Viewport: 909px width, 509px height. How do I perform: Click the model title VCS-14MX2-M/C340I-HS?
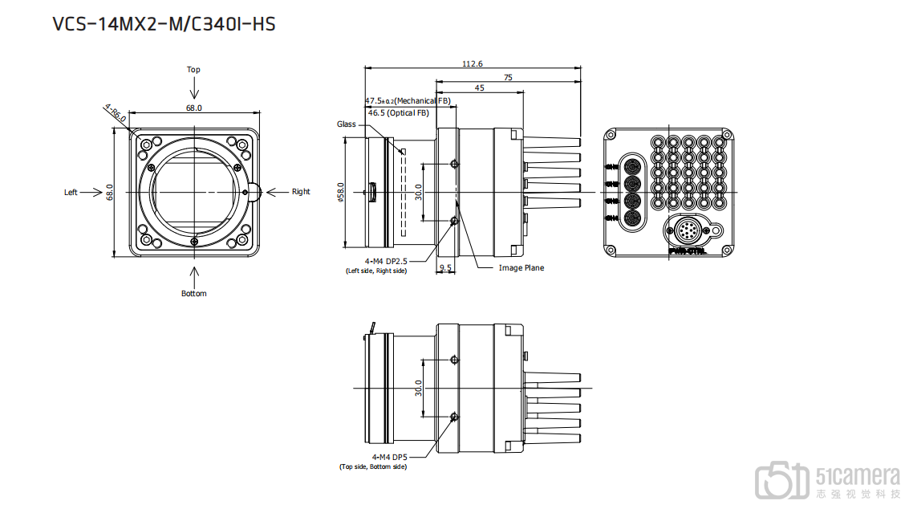[164, 24]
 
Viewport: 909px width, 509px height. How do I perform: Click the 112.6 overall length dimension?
[473, 64]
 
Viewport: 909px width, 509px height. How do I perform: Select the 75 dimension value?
[508, 77]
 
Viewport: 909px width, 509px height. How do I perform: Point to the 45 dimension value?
[479, 88]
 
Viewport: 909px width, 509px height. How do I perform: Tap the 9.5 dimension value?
[445, 268]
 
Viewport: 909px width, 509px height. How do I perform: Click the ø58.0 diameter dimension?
[342, 193]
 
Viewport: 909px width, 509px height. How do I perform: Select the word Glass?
[346, 124]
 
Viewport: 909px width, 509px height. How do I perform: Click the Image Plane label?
[521, 268]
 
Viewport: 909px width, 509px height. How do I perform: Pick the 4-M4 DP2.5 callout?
[387, 261]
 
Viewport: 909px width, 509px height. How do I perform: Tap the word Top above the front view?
[193, 70]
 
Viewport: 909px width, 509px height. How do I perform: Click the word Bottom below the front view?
[193, 294]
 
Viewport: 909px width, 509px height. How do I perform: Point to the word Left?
[71, 192]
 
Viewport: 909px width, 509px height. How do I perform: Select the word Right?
[301, 192]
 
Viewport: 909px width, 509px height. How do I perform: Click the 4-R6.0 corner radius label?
[115, 112]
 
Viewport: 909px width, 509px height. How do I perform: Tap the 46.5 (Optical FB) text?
[398, 113]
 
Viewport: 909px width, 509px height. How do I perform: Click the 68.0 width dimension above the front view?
[194, 108]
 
